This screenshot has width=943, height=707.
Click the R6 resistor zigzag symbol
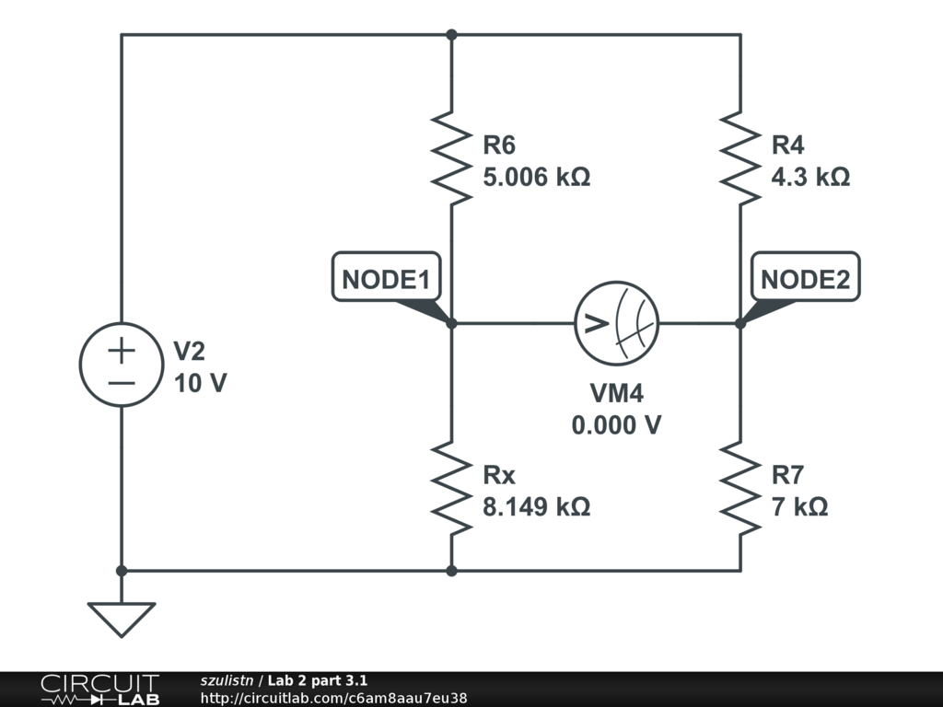click(x=451, y=156)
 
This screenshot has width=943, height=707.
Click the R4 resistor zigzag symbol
click(x=740, y=156)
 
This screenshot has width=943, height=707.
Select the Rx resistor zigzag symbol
click(x=451, y=488)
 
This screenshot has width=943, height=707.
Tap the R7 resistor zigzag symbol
click(x=740, y=488)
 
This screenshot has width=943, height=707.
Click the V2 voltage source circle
click(x=122, y=365)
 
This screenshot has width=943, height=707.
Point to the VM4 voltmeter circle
click(x=617, y=323)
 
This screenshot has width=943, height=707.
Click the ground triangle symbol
click(x=122, y=618)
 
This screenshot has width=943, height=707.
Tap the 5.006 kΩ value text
click(x=536, y=176)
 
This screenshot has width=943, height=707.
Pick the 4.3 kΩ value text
click(x=810, y=176)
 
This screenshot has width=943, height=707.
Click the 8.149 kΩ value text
click(x=536, y=506)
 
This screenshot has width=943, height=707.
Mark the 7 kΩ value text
click(x=799, y=506)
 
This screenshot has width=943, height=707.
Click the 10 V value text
click(x=200, y=383)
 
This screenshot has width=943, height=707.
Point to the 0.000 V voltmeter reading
click(x=617, y=425)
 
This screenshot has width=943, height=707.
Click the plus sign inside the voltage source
click(x=122, y=350)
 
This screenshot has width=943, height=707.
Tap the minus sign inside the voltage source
click(x=122, y=381)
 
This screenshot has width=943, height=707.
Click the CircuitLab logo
click(x=99, y=690)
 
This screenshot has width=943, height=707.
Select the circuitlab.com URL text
click(x=333, y=698)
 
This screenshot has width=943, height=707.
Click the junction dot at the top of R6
click(x=451, y=35)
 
